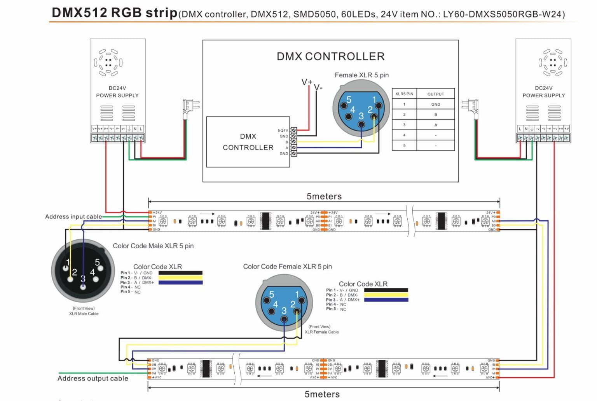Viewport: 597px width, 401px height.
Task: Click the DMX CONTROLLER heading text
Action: pyautogui.click(x=330, y=56)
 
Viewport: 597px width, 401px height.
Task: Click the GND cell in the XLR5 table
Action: pyautogui.click(x=435, y=104)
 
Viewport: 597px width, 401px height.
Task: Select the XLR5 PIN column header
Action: pyautogui.click(x=404, y=94)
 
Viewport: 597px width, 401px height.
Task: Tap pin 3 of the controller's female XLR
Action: pyautogui.click(x=361, y=124)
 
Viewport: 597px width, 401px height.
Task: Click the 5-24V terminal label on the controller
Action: pyautogui.click(x=283, y=131)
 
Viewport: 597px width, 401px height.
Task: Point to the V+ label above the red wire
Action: pyautogui.click(x=307, y=82)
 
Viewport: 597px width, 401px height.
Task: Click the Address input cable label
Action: pyautogui.click(x=73, y=216)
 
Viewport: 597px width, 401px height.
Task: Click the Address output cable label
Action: pyautogui.click(x=93, y=378)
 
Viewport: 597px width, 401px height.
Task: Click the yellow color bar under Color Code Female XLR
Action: pyautogui.click(x=386, y=295)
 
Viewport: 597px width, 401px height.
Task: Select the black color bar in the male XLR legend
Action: pyautogui.click(x=180, y=273)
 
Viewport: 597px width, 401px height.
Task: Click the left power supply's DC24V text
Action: pyautogui.click(x=117, y=88)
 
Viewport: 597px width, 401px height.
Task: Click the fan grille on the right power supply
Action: pyautogui.click(x=552, y=62)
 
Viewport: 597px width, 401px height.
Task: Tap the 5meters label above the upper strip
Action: pyautogui.click(x=324, y=196)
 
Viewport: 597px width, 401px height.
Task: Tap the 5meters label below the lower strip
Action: pyautogui.click(x=322, y=394)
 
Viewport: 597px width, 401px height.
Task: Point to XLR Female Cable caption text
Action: pyautogui.click(x=321, y=332)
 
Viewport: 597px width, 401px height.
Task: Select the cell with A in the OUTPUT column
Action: pyautogui.click(x=435, y=125)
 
